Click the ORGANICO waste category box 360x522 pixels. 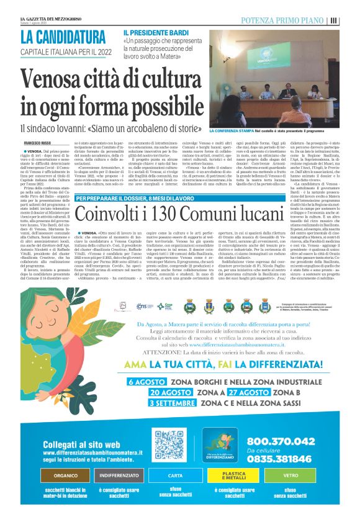coord(66,475)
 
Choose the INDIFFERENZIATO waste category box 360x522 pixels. coord(117,475)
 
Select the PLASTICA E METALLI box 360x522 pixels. coord(235,475)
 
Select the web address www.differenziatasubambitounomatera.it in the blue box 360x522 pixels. coord(92,452)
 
